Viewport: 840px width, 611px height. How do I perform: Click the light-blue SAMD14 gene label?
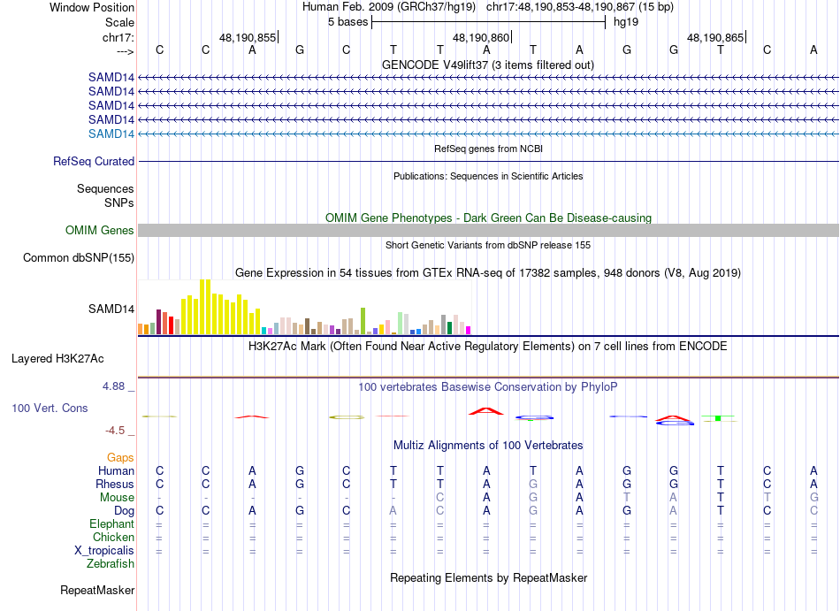[111, 134]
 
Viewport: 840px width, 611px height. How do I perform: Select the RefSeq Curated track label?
[94, 162]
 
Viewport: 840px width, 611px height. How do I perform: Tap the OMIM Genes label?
[100, 231]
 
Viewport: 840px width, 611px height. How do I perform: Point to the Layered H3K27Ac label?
[57, 359]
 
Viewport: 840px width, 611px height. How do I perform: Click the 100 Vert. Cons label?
[50, 409]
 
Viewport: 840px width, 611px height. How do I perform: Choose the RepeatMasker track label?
[97, 590]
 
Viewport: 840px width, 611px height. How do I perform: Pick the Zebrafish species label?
[111, 563]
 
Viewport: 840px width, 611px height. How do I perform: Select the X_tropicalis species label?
[104, 550]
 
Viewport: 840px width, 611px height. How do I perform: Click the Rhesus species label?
[115, 485]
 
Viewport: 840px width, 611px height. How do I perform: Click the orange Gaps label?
[120, 458]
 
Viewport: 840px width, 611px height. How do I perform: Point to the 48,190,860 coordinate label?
[481, 38]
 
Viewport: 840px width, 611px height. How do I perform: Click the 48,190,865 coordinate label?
[715, 38]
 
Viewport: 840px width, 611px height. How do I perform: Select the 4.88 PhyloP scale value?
[116, 386]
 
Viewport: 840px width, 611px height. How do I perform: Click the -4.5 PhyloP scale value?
[117, 431]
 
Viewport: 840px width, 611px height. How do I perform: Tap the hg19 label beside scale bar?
[626, 22]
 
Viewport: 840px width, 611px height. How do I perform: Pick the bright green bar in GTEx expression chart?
[363, 320]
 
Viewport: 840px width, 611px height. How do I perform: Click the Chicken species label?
[113, 538]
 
